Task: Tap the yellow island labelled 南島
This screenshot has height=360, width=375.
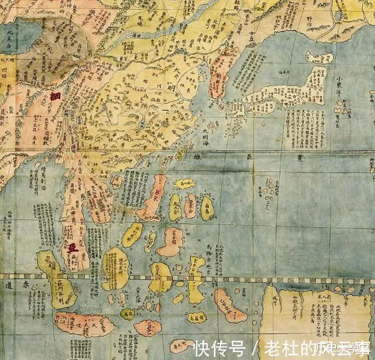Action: coord(207,208)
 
